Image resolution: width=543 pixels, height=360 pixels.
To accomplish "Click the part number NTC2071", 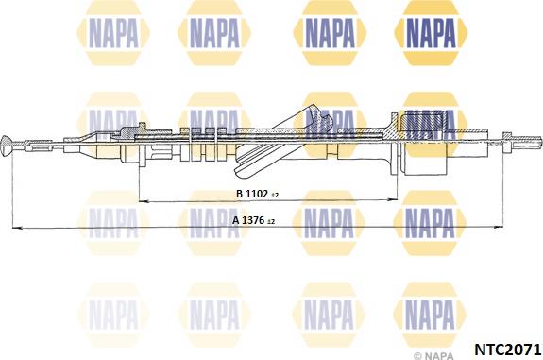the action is click(x=507, y=350).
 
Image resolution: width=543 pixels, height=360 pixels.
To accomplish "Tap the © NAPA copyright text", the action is click(x=433, y=355).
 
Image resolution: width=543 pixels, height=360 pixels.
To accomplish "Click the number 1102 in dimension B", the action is click(x=257, y=194).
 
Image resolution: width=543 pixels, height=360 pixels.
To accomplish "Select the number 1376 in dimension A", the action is click(x=253, y=220).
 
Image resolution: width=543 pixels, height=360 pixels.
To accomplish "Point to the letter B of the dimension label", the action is click(x=239, y=194).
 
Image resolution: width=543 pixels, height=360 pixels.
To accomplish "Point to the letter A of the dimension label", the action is click(x=236, y=220).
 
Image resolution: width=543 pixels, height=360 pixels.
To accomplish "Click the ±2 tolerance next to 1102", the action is click(x=275, y=196).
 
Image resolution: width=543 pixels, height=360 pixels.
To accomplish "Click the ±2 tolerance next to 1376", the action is click(x=271, y=221).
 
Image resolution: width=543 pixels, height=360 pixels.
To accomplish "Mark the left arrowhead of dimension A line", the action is click(x=17, y=228).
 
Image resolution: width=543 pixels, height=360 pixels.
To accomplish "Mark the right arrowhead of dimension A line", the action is click(x=498, y=227).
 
